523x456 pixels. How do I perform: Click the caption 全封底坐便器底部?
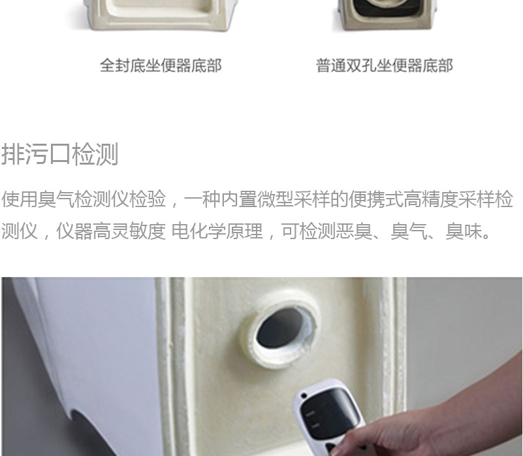(161, 65)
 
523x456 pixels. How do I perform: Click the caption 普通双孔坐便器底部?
(384, 65)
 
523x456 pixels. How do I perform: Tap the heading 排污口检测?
(60, 154)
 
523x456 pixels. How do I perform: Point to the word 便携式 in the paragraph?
(376, 199)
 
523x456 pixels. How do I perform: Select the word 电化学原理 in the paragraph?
(217, 231)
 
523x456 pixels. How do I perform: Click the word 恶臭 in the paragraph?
(353, 231)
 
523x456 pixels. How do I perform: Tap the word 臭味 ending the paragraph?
(464, 231)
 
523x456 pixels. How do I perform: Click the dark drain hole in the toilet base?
(280, 327)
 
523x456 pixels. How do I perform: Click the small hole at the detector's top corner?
(304, 396)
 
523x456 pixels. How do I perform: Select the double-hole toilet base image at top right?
(387, 15)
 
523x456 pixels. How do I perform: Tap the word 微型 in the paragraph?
(275, 199)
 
